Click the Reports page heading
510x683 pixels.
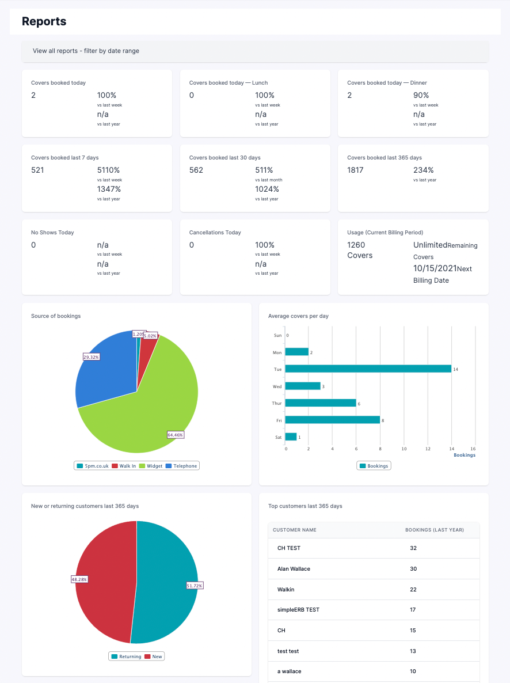click(44, 22)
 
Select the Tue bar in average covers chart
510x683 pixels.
click(368, 369)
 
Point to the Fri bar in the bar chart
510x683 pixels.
click(332, 420)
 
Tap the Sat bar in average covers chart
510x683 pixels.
click(291, 437)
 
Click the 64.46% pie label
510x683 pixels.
click(176, 435)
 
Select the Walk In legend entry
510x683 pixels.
click(124, 466)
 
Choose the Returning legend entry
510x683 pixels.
click(126, 656)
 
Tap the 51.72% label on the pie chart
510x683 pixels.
click(195, 585)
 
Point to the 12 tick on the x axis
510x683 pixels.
click(428, 449)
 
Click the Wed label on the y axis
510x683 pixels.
click(277, 386)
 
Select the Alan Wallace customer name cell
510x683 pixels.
click(294, 569)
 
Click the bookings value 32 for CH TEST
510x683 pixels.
click(413, 548)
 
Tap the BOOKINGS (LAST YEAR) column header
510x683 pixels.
click(434, 530)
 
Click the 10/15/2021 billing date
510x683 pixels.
click(435, 268)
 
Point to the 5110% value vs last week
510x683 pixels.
click(108, 170)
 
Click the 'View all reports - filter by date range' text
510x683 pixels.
click(86, 51)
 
